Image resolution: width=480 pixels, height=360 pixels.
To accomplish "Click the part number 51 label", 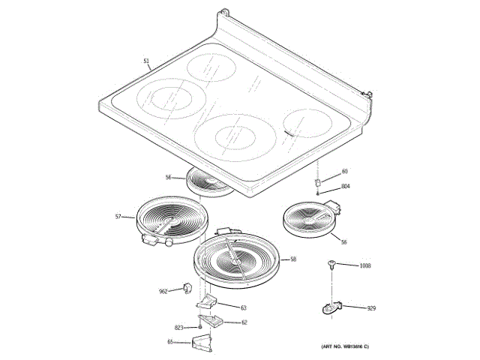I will point(146,61).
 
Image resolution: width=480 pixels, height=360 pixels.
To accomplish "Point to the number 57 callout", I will point(118,217).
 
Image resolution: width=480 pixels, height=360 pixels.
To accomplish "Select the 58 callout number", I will point(293,259).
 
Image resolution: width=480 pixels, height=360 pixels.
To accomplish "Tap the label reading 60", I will point(345,172).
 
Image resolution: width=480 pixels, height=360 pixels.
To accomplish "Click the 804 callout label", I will point(346,186).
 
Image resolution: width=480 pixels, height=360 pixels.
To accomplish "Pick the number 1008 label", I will point(365,266).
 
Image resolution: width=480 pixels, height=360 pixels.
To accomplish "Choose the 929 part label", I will point(370,309).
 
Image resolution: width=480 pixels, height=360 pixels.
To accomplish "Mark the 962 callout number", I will point(163,291).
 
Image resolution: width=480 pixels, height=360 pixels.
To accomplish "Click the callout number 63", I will point(244,308).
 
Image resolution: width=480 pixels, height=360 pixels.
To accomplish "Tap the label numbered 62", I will point(244,322).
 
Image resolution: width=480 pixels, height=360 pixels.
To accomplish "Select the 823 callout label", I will point(178,328).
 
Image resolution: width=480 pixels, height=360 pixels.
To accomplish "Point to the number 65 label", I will point(169,342).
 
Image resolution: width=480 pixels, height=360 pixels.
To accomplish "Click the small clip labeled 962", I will point(185,289).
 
